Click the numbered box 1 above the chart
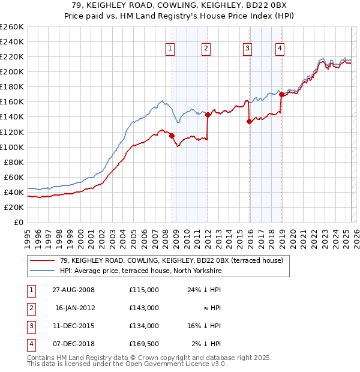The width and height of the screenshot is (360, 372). pos(170,49)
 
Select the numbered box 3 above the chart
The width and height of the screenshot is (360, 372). pos(247,49)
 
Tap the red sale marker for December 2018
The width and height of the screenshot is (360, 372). pos(281,95)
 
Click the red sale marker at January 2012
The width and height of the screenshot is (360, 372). pos(208,115)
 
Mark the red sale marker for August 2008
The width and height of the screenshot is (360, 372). pos(172,136)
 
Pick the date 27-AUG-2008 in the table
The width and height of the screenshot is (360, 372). pos(73,290)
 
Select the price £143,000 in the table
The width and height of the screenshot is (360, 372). pos(143,308)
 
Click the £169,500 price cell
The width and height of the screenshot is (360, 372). pos(143,344)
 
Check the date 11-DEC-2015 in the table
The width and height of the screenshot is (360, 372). pos(73,326)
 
